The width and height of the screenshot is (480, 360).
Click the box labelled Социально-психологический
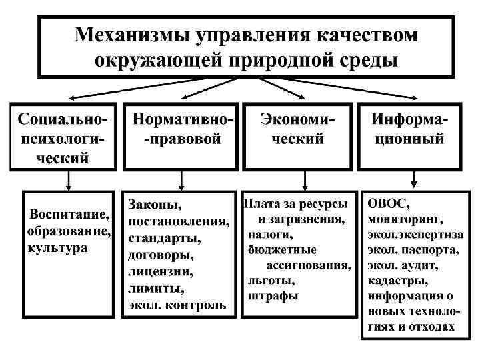pos(63,137)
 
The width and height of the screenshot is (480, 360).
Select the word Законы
pos(155,203)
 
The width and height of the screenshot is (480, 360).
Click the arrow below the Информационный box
pos(414,179)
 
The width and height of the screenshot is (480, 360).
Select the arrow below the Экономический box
pos(304,179)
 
